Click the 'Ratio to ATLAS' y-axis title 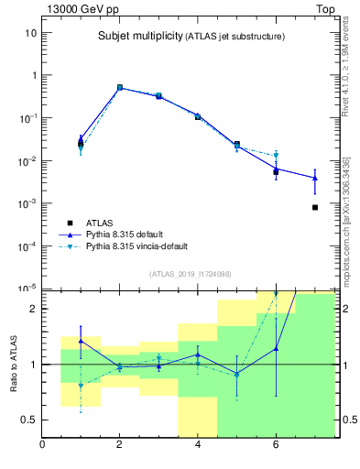[x=14, y=364]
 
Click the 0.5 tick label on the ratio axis [x=29, y=420]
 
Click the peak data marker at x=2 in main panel [x=120, y=88]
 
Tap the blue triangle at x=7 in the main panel [x=314, y=178]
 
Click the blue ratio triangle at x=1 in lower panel [x=81, y=340]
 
